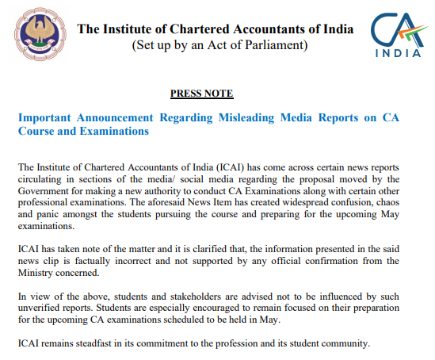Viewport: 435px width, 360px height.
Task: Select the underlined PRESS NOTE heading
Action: tap(202, 94)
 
